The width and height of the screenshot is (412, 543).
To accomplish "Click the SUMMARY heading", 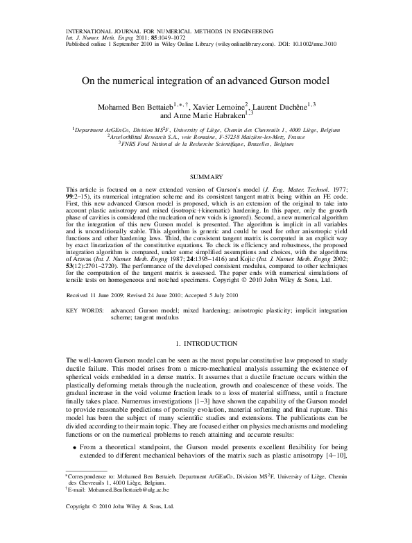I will point(205,177).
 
